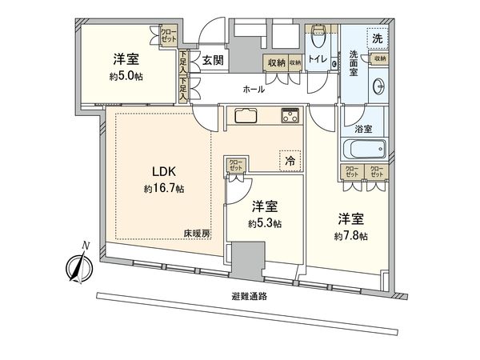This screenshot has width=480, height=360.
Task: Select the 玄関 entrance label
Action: click(x=212, y=59)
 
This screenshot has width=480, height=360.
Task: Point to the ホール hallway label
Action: click(x=253, y=90)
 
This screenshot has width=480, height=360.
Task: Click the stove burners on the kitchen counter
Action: click(x=289, y=117)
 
